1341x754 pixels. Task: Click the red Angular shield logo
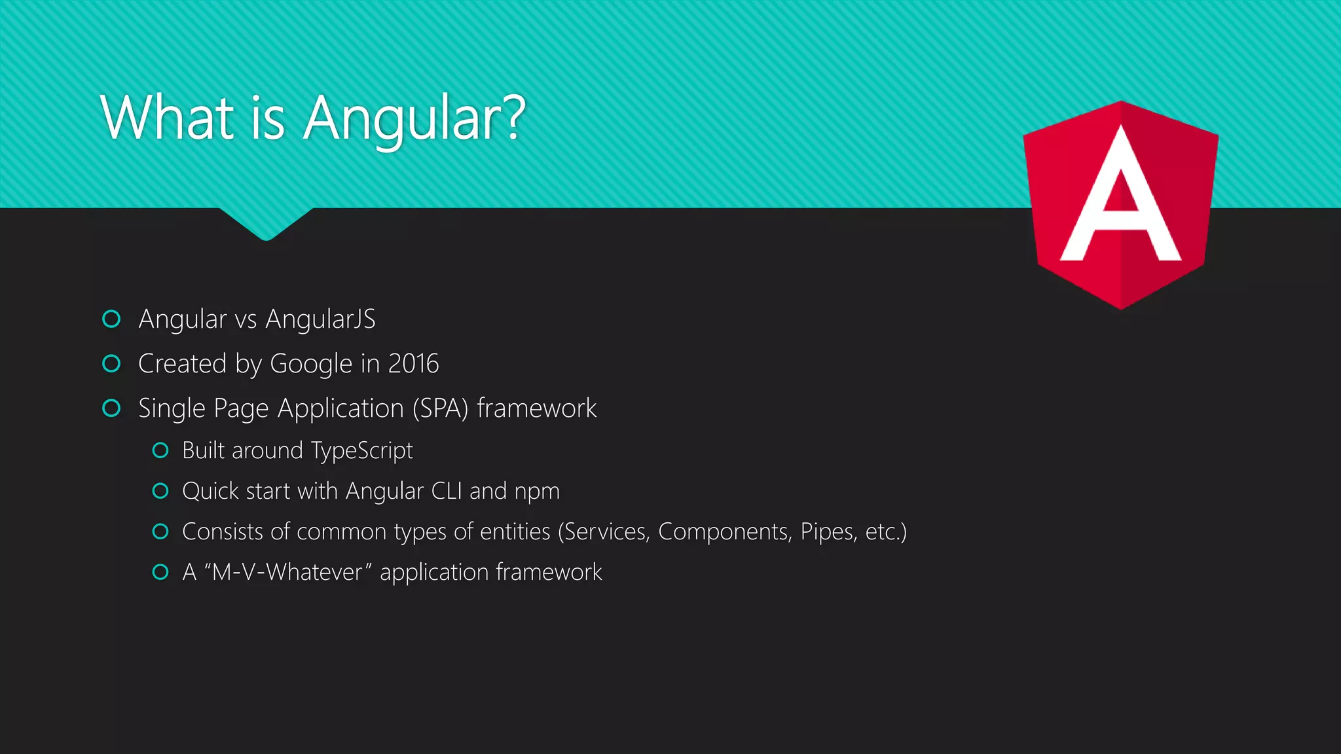(x=1121, y=204)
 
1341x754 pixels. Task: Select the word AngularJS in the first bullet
(x=320, y=319)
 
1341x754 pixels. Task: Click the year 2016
(x=413, y=364)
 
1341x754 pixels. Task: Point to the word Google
(x=311, y=365)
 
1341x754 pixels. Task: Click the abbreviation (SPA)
(x=440, y=408)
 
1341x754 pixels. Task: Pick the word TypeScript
(x=362, y=451)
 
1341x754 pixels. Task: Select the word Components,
(x=725, y=532)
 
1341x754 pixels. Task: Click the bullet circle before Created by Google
(x=112, y=364)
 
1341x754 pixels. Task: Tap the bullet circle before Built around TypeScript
(x=160, y=450)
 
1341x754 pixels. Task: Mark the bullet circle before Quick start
(x=160, y=491)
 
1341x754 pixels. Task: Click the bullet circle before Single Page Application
(x=112, y=408)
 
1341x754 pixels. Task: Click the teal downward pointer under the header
(x=266, y=223)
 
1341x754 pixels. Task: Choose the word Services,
(x=606, y=532)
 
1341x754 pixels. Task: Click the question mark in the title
(x=515, y=118)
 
